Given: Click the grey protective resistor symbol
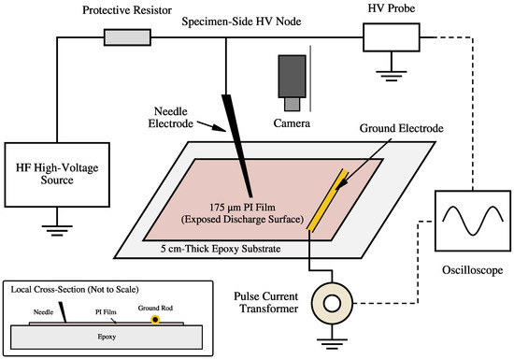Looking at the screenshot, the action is coord(127,37).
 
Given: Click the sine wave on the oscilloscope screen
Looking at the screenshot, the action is coord(473,221).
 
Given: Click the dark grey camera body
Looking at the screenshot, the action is coord(293,76).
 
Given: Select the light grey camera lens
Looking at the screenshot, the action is coord(293,105).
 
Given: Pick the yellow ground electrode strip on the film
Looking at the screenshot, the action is coord(327,199).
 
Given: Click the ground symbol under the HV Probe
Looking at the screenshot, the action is coord(392,76).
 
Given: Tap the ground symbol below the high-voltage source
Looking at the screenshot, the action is coord(57,230).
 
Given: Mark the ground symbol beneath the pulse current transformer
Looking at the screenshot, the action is coord(332,343).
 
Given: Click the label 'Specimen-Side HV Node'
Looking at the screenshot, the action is coord(241,22).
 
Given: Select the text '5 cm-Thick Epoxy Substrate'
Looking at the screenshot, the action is coord(221,249).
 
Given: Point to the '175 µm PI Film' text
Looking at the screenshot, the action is coord(242,208).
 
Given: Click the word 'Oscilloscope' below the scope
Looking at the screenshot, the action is coord(472,270).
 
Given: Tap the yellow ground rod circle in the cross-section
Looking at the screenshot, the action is coord(155,319).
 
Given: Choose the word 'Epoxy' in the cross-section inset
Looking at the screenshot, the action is coord(107,337).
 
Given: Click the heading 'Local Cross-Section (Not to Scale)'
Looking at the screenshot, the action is coord(75,290).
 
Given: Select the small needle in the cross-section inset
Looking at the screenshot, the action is coord(63,312).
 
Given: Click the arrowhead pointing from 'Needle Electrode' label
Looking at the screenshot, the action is coord(221,128).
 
